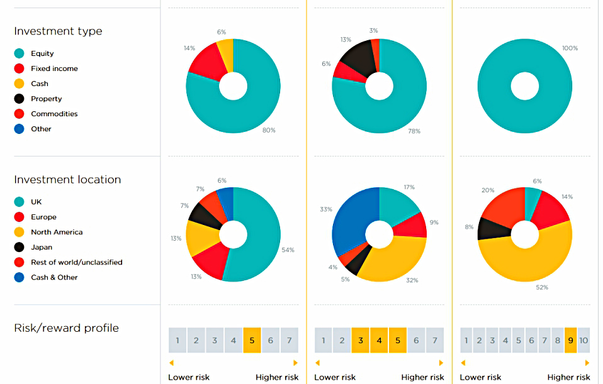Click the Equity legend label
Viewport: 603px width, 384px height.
click(x=42, y=53)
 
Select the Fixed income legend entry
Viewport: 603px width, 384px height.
click(x=54, y=69)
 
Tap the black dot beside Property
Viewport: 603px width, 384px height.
click(x=20, y=99)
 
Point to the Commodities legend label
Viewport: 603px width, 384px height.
click(x=54, y=114)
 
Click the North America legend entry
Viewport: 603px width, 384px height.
click(x=57, y=232)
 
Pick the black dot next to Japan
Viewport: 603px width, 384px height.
click(x=20, y=247)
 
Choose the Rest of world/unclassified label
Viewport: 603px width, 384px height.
click(x=77, y=262)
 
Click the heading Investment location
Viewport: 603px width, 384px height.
click(x=67, y=179)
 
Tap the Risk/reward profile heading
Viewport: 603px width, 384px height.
click(x=66, y=328)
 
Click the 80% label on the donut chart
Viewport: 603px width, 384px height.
click(x=269, y=130)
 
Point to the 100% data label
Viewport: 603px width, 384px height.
click(x=570, y=48)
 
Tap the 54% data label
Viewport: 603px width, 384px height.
click(x=288, y=250)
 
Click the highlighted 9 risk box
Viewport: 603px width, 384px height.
click(x=570, y=340)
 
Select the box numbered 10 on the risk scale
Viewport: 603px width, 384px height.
click(x=583, y=340)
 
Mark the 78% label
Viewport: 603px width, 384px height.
click(x=414, y=131)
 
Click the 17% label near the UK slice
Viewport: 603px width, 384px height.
click(x=409, y=187)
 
